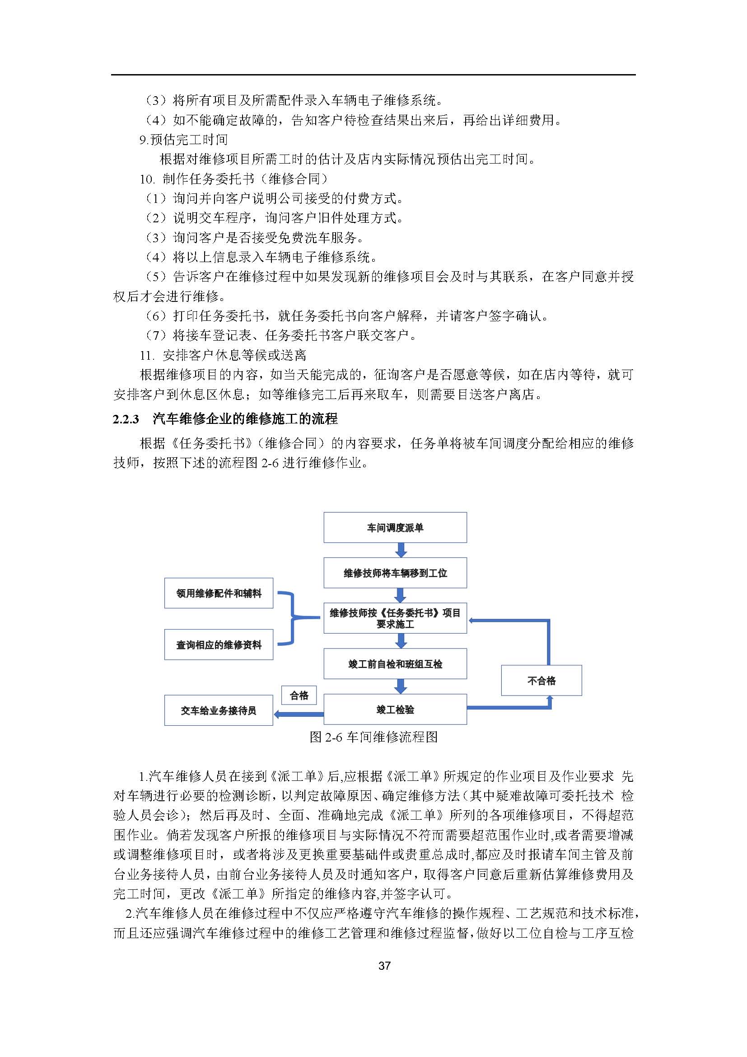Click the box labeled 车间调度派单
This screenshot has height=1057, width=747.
[x=395, y=527]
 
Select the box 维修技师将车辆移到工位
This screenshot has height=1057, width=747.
[x=395, y=573]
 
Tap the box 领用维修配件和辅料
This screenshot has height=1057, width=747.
[x=219, y=593]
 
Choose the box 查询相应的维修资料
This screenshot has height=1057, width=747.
[x=219, y=644]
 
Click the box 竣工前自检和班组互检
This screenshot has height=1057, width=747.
[x=395, y=663]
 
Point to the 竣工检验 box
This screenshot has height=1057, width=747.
[x=395, y=709]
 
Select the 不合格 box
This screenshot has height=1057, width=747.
[x=541, y=680]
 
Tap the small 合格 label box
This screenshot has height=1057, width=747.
[x=299, y=695]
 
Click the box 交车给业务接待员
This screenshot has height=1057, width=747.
[x=219, y=710]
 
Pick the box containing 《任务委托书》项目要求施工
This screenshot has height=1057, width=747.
[x=395, y=618]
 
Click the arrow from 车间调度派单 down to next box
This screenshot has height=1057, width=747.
[x=401, y=550]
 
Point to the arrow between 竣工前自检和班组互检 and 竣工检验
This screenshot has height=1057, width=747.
[x=401, y=686]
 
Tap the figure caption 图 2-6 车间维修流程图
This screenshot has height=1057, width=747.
[x=373, y=737]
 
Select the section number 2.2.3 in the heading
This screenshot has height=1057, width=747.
[x=126, y=419]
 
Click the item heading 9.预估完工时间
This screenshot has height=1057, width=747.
[x=183, y=140]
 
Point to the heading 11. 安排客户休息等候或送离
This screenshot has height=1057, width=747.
[x=223, y=355]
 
